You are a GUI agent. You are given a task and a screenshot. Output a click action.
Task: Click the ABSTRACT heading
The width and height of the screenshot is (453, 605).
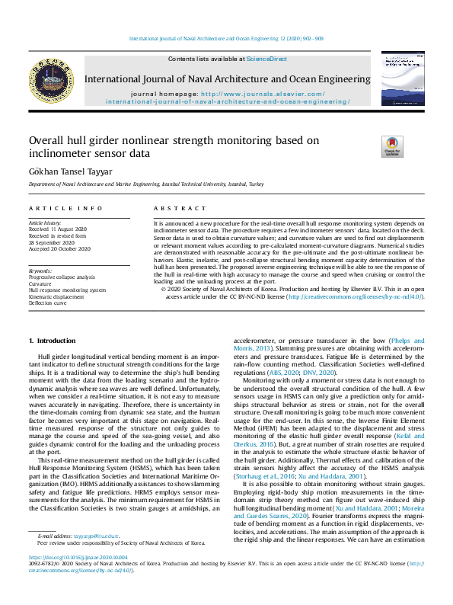pyautogui.click(x=173, y=208)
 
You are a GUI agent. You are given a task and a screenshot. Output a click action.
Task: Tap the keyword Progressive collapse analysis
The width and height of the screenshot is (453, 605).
pyautogui.click(x=62, y=277)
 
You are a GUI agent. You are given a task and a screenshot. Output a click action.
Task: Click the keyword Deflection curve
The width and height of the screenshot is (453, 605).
pyautogui.click(x=48, y=302)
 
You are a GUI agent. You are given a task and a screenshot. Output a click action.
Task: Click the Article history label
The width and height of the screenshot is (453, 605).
pyautogui.click(x=45, y=223)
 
